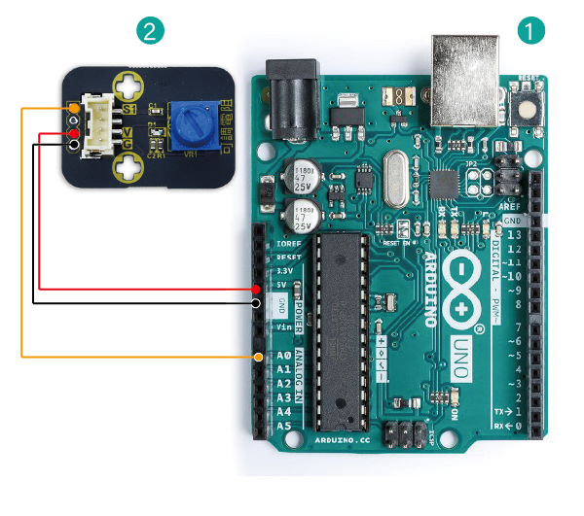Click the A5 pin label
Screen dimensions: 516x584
click(283, 426)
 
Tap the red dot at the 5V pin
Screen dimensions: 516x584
click(256, 289)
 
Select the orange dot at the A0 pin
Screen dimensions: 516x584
click(258, 358)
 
